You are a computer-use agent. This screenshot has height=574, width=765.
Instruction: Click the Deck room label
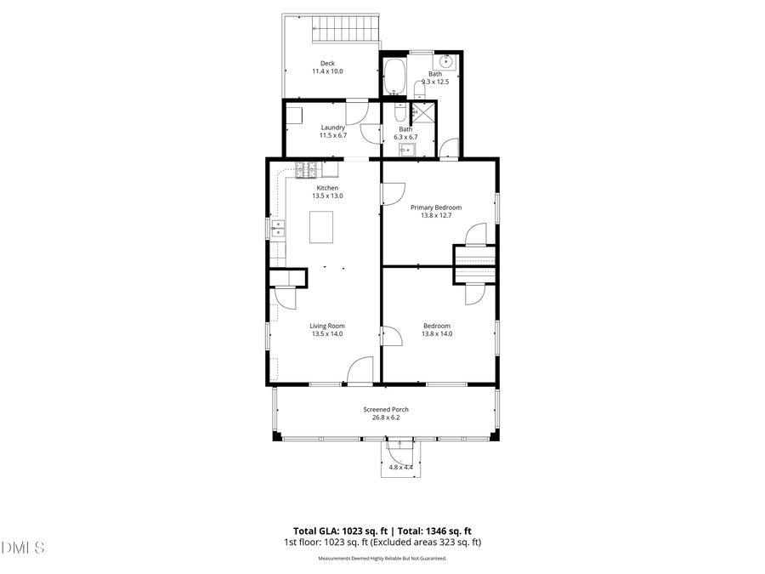pyautogui.click(x=327, y=63)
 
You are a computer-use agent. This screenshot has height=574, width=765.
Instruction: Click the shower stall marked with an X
pyautogui.click(x=423, y=110)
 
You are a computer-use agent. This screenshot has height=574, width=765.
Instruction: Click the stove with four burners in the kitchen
pyautogui.click(x=306, y=169)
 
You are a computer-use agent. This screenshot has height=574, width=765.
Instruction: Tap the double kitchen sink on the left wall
pyautogui.click(x=277, y=227)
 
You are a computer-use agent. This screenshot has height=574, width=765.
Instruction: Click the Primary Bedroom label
pyautogui.click(x=436, y=207)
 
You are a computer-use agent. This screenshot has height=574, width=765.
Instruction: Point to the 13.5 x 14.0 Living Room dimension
pyautogui.click(x=327, y=334)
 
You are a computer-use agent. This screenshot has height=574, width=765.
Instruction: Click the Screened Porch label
pyautogui.click(x=388, y=409)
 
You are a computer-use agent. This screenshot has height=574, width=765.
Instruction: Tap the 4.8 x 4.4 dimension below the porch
pyautogui.click(x=400, y=467)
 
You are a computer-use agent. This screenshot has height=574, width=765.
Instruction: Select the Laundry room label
pyautogui.click(x=332, y=128)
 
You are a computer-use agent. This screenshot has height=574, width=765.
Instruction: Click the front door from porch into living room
pyautogui.click(x=360, y=371)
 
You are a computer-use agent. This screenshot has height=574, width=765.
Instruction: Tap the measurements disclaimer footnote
pyautogui.click(x=382, y=559)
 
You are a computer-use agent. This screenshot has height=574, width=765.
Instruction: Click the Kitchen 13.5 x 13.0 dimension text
pyautogui.click(x=327, y=196)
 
